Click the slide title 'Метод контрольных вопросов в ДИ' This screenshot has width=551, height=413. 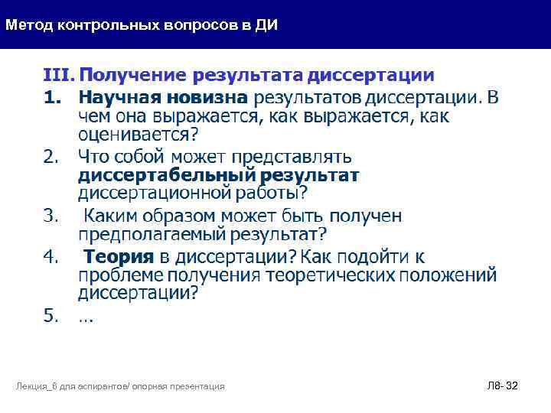click(x=142, y=25)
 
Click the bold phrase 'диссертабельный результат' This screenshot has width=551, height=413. click(x=219, y=176)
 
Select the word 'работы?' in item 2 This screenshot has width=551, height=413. click(x=275, y=193)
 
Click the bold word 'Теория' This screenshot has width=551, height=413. click(x=118, y=256)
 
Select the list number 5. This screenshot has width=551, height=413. click(x=51, y=316)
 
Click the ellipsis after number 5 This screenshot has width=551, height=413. click(x=86, y=318)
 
